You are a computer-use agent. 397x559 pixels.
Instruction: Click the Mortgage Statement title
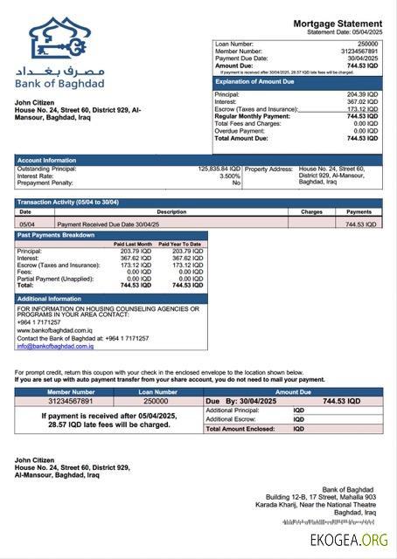[x=337, y=23]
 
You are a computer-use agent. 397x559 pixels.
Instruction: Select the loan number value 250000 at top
[x=367, y=43]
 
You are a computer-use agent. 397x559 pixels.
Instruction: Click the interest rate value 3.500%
[x=229, y=176]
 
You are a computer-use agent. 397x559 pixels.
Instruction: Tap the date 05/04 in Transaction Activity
[x=26, y=224]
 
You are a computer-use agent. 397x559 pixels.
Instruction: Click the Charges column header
[x=311, y=211]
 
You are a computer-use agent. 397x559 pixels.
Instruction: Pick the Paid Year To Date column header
[x=180, y=244]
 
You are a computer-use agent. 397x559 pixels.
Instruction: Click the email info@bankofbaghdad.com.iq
[x=55, y=346]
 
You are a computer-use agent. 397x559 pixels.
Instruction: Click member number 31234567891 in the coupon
[x=70, y=401]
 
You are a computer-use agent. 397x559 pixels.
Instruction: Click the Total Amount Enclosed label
[x=242, y=429]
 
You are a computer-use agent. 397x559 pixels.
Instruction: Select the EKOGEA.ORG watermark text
[x=348, y=541]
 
